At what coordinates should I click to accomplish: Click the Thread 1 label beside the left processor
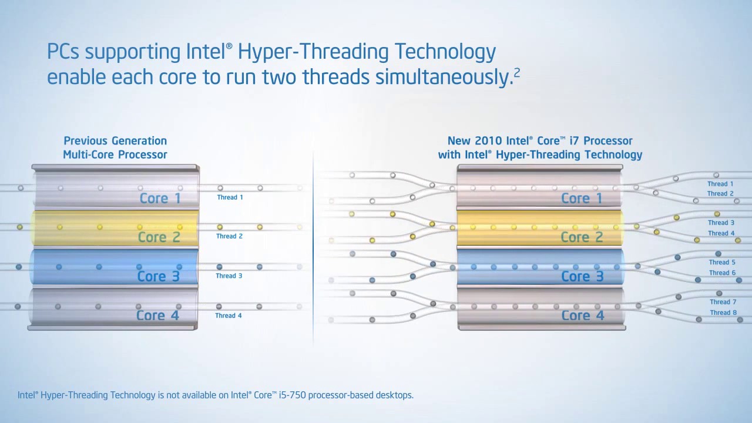point(230,197)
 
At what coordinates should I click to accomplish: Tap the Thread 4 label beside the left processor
point(229,315)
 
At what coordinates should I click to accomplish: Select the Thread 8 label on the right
point(723,313)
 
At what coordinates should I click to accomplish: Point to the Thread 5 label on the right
point(722,262)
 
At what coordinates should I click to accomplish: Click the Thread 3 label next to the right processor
point(721,223)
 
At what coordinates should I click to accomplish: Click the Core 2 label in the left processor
point(159,237)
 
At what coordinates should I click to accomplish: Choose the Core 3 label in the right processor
point(582,277)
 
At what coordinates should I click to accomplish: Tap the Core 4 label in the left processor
point(157,315)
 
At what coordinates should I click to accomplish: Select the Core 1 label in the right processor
point(582,199)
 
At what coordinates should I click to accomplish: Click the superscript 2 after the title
point(516,72)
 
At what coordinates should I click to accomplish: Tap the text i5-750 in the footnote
point(293,395)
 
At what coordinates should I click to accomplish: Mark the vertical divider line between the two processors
point(313,249)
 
